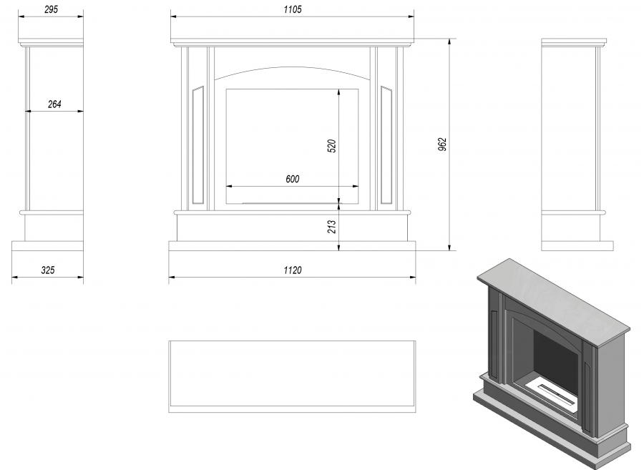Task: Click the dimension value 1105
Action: [x=293, y=9]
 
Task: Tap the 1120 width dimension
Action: [x=293, y=270]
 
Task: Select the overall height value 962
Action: [x=442, y=145]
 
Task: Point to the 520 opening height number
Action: [x=332, y=146]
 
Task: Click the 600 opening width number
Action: [x=293, y=179]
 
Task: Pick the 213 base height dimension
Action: [x=332, y=227]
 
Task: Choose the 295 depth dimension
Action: [x=52, y=9]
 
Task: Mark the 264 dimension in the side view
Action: [x=54, y=104]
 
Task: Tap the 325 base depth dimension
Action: [x=48, y=270]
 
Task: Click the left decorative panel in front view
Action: [x=198, y=145]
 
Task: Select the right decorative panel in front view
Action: [x=386, y=145]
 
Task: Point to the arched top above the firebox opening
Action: [x=292, y=68]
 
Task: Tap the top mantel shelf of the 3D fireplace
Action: [x=553, y=302]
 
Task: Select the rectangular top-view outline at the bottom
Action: [x=292, y=376]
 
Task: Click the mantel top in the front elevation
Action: [x=292, y=42]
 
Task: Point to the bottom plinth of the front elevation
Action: [x=292, y=246]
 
